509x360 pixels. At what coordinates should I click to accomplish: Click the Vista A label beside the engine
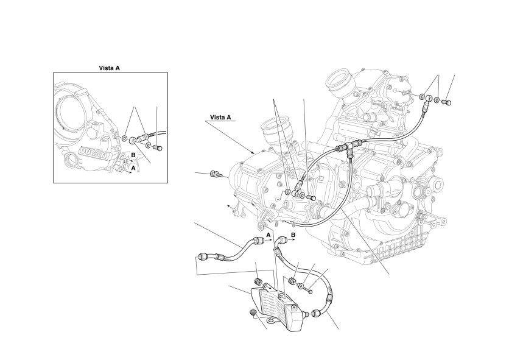point(222,118)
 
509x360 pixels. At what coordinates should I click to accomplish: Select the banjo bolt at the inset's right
point(158,147)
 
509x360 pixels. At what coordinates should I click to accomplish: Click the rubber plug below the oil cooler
point(252,313)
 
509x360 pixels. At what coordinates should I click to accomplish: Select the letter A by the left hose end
point(267,234)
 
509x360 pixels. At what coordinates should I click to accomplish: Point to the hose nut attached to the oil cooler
point(315,314)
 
